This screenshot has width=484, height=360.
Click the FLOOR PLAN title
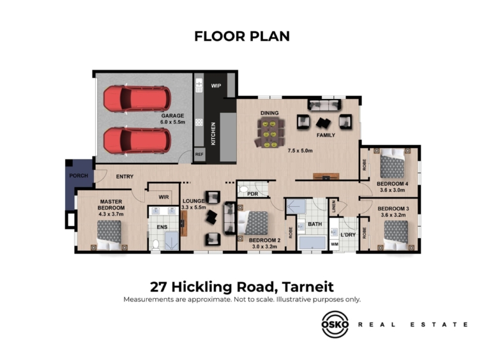(x=242, y=36)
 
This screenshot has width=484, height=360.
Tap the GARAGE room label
(x=172, y=116)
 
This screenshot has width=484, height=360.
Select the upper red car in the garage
(x=137, y=99)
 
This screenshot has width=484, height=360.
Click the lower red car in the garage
(x=137, y=140)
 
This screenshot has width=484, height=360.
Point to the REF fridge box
(x=199, y=154)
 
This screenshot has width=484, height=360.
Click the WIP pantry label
(x=216, y=86)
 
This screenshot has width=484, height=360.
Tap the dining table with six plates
(x=269, y=134)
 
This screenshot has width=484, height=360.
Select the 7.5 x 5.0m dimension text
(x=300, y=151)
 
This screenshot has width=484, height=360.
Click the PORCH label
(x=79, y=176)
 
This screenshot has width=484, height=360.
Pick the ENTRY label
(x=125, y=176)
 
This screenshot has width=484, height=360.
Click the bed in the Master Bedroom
(x=109, y=235)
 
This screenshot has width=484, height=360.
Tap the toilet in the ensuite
(x=156, y=244)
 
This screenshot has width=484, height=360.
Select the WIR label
(x=163, y=197)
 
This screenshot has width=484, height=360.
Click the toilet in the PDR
(x=244, y=189)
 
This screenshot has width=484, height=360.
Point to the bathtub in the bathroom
(x=312, y=243)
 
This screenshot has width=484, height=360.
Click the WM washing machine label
(x=335, y=244)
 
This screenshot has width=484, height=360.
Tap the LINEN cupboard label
(x=334, y=207)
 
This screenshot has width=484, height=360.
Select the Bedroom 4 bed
(x=392, y=163)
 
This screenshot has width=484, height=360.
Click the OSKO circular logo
(x=335, y=324)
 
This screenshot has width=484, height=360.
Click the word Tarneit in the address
(x=308, y=287)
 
